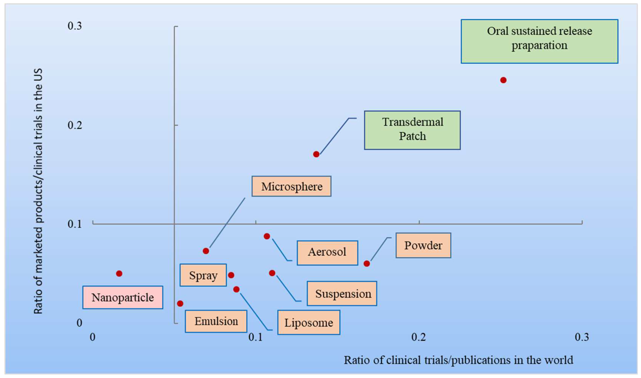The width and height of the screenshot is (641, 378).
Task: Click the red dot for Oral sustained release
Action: point(503,80)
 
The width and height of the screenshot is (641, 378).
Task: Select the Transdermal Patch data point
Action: point(316,154)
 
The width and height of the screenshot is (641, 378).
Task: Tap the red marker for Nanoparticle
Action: point(119,274)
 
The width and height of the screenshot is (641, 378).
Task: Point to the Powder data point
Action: point(367,263)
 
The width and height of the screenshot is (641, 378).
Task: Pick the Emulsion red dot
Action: point(180,303)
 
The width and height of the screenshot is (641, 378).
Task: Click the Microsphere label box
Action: point(291,186)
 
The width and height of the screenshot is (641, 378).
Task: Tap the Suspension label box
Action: point(342,293)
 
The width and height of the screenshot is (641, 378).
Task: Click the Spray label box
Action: point(203,275)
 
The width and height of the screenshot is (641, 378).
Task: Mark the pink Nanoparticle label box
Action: point(123,297)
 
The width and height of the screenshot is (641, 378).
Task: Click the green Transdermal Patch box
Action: point(412,130)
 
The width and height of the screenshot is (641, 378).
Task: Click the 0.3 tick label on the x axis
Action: point(582,337)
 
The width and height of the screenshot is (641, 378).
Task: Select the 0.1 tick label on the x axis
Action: point(255,337)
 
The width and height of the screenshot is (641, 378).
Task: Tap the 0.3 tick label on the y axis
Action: point(75,26)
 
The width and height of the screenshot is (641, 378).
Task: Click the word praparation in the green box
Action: point(539,45)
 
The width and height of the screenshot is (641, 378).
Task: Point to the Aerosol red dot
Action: point(267,236)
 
